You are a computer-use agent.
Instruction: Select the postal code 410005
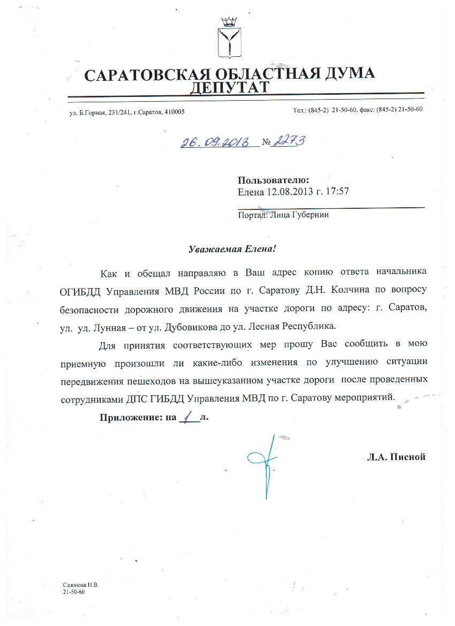[x=175, y=111]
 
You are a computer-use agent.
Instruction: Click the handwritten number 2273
[x=289, y=141]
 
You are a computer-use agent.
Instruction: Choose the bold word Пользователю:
[x=273, y=180]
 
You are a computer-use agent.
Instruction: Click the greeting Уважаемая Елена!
[x=234, y=249]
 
